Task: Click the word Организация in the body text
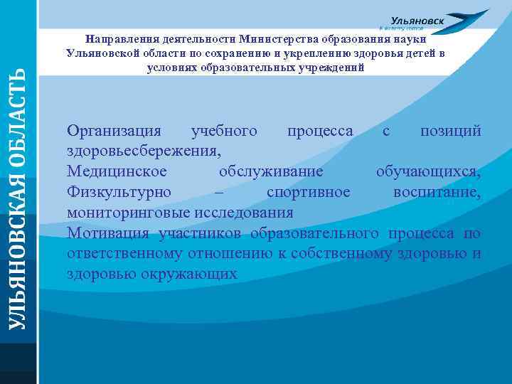[x=114, y=132]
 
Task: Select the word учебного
[x=224, y=132]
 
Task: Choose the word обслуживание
[x=271, y=172]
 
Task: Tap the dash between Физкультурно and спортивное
[x=218, y=193]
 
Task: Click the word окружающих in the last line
[x=190, y=274]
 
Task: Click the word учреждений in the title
[x=330, y=68]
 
